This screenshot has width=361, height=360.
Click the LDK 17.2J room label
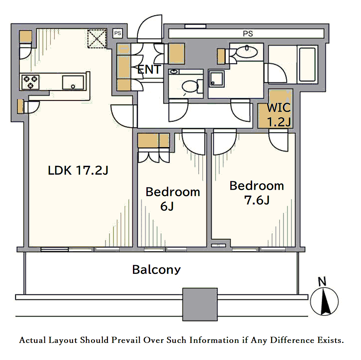78,170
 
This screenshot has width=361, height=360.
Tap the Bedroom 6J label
173,199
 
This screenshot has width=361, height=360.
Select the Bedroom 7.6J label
257,193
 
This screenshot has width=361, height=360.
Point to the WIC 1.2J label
279,115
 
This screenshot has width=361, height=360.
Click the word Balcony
157,270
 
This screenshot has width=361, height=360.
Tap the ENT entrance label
149,69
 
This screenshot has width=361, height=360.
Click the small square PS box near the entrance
118,33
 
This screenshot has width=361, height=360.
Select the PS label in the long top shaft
248,34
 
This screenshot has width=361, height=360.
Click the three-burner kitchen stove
31,82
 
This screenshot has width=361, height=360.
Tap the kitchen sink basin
73,82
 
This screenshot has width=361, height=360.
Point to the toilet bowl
190,86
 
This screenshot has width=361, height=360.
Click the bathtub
307,65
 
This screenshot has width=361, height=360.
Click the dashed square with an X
97,39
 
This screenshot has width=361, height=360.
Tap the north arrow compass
324,302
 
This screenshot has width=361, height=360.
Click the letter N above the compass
322,282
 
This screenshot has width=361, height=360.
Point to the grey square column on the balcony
200,304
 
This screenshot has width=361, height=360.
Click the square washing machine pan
216,79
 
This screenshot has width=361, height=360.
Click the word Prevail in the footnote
126,340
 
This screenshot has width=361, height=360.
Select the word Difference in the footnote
292,340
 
